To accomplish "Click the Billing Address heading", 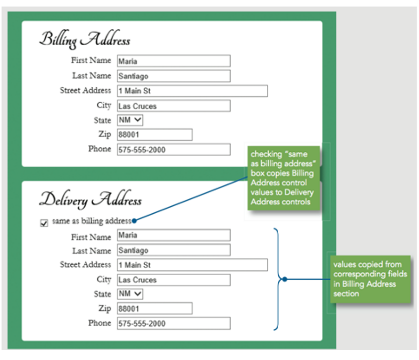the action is tap(85, 40).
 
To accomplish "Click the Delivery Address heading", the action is tap(90, 199).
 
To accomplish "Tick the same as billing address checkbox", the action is tap(44, 223).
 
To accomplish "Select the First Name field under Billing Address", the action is tap(174, 61).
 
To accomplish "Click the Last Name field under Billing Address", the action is tap(174, 76).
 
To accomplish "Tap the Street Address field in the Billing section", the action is tap(192, 91).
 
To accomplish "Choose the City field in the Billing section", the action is tap(174, 106).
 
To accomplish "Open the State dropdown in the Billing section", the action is tap(130, 120).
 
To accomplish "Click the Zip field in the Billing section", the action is tap(155, 134).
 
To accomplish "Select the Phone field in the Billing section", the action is tap(174, 150).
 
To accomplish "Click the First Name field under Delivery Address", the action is tap(174, 235).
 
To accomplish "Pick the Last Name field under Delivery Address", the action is tap(174, 250).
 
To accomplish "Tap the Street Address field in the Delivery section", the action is tap(192, 265).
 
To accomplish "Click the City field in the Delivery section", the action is tap(174, 280).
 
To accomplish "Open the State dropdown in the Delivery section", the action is tap(130, 294).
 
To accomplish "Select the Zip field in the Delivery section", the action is tap(155, 309).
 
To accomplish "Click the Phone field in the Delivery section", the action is tap(174, 323).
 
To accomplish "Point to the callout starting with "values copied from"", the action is tap(370, 279).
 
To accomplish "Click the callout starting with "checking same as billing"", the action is tap(284, 178).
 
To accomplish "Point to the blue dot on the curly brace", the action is tap(285, 279).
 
